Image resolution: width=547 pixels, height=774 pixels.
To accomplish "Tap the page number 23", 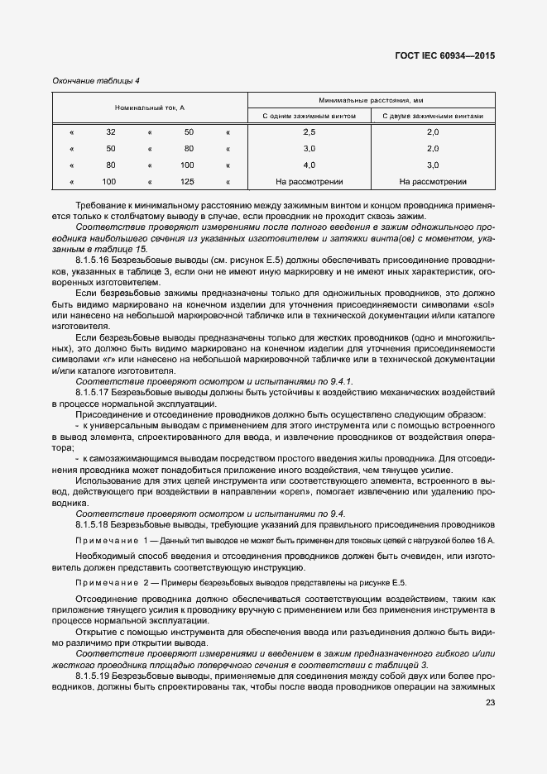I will coord(490,703).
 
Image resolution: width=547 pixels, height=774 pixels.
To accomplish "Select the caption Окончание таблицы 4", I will coord(96,80).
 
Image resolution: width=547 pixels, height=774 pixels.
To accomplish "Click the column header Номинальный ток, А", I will coord(149,108).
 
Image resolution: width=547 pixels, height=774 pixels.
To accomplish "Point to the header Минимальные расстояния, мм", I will coord(372,99).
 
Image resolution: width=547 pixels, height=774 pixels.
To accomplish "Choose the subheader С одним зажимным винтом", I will coord(309,117).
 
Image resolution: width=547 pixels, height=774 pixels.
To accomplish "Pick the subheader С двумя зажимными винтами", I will coord(433,117).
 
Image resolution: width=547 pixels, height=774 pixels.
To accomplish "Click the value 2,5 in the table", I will coord(309,132).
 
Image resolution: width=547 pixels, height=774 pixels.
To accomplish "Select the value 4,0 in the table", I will coord(309,165).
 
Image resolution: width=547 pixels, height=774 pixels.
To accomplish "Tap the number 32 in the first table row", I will coord(111,132).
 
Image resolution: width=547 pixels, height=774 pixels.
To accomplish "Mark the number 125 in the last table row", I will coord(187,181).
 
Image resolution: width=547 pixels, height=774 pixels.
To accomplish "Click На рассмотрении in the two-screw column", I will coord(433,181).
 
